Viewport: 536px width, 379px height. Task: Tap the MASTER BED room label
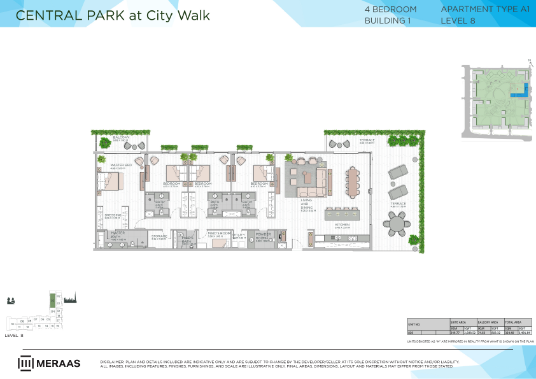click(120, 165)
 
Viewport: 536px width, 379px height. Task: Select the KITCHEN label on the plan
click(342, 225)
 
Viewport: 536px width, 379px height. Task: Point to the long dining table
click(353, 183)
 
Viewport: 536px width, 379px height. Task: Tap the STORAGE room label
click(159, 236)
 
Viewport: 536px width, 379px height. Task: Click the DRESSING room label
click(113, 216)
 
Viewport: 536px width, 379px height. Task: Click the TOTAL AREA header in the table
click(513, 323)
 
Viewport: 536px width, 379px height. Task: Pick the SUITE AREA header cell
click(458, 323)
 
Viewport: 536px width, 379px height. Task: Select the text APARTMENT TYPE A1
click(476, 10)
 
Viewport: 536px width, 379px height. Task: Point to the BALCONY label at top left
click(122, 138)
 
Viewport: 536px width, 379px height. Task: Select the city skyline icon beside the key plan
click(69, 299)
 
